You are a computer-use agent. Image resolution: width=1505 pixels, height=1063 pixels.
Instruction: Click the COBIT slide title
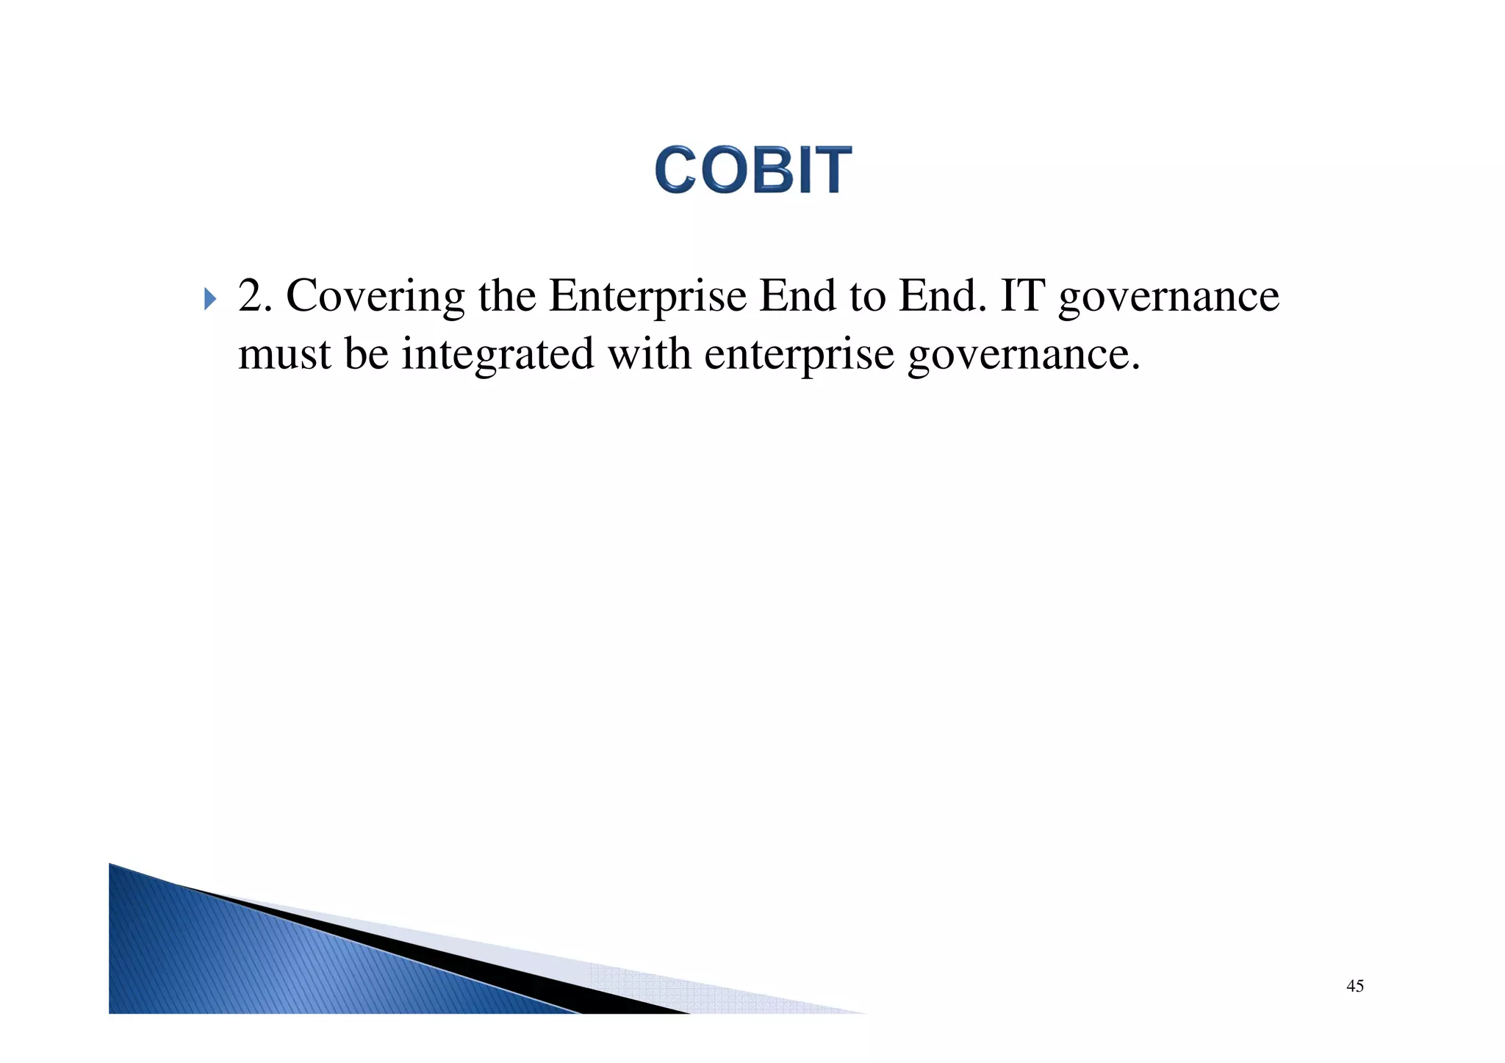[x=752, y=170]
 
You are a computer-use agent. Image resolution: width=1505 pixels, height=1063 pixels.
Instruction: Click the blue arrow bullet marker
[x=210, y=299]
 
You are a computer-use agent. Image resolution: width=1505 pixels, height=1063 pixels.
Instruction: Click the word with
[x=649, y=353]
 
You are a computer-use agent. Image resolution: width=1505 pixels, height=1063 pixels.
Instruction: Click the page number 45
[x=1354, y=986]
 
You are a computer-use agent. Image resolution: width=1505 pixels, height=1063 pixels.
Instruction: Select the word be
[x=366, y=353]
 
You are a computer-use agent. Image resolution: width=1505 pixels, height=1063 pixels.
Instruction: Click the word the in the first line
[x=506, y=296]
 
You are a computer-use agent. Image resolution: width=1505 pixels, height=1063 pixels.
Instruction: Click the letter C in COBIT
[x=675, y=170]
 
